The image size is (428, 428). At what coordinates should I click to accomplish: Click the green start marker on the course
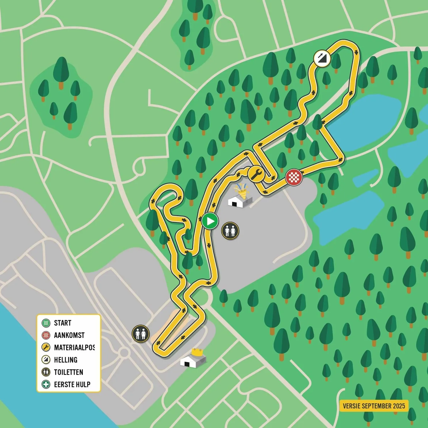pyautogui.click(x=210, y=221)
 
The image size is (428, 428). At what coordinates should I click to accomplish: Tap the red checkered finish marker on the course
pyautogui.click(x=294, y=177)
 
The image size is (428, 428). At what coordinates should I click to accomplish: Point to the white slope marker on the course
pyautogui.click(x=322, y=58)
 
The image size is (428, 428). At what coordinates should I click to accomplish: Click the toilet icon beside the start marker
pyautogui.click(x=230, y=231)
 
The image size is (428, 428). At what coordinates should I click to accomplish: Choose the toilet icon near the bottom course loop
pyautogui.click(x=140, y=334)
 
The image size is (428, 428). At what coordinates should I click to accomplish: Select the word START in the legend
pyautogui.click(x=62, y=323)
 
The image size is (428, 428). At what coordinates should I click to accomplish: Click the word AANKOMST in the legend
pyautogui.click(x=69, y=335)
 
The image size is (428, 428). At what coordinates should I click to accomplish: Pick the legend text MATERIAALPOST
pyautogui.click(x=74, y=348)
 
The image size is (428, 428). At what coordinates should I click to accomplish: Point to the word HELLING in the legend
pyautogui.click(x=66, y=360)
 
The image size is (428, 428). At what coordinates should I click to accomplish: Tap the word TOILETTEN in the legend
pyautogui.click(x=68, y=372)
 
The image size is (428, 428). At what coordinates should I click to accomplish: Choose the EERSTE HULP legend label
pyautogui.click(x=72, y=385)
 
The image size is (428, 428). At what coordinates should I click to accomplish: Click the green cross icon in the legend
pyautogui.click(x=46, y=384)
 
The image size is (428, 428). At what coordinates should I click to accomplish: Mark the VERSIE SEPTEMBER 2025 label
pyautogui.click(x=374, y=406)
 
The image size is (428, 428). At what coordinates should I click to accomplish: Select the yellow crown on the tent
pyautogui.click(x=197, y=351)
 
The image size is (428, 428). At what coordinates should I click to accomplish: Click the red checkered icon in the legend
pyautogui.click(x=46, y=335)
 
